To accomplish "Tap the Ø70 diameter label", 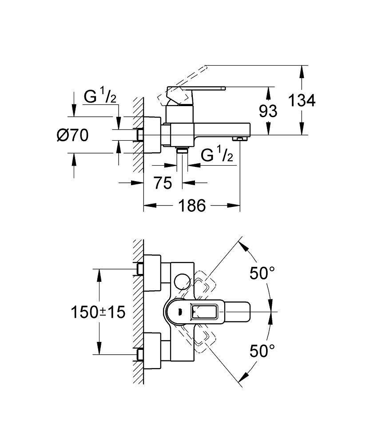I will click(72, 134).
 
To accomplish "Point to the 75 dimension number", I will click(163, 182).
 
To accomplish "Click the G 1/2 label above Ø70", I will click(100, 97).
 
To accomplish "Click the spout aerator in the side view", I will click(241, 139).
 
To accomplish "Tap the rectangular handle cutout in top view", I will click(205, 312).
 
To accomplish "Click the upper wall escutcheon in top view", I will click(153, 269).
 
